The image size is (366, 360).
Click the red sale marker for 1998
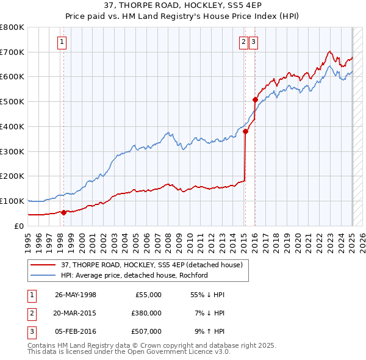(63, 212)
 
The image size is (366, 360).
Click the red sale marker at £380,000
(245, 131)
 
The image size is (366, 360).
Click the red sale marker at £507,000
(254, 99)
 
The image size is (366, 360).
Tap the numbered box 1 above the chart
(63, 42)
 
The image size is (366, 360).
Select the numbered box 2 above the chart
(243, 42)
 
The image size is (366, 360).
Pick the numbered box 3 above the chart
(253, 42)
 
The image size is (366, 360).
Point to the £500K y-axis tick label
(12, 101)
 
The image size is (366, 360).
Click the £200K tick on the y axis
(12, 176)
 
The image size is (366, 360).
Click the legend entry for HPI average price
(134, 275)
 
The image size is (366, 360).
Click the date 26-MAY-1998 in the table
(75, 295)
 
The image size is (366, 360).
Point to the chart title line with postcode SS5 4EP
(182, 6)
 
